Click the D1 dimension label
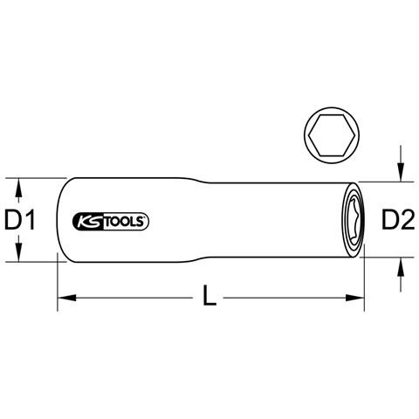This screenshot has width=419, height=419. [20, 220]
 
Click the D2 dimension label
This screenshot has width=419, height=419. [398, 220]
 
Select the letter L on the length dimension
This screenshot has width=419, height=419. [209, 295]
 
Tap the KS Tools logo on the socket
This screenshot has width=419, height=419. [110, 222]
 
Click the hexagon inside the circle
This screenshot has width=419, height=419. [332, 135]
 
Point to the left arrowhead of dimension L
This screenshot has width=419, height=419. [67, 298]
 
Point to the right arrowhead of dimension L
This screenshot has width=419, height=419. [355, 298]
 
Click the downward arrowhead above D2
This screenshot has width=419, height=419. [401, 173]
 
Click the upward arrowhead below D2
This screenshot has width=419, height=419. [401, 266]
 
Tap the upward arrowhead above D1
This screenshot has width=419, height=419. [18, 187]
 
